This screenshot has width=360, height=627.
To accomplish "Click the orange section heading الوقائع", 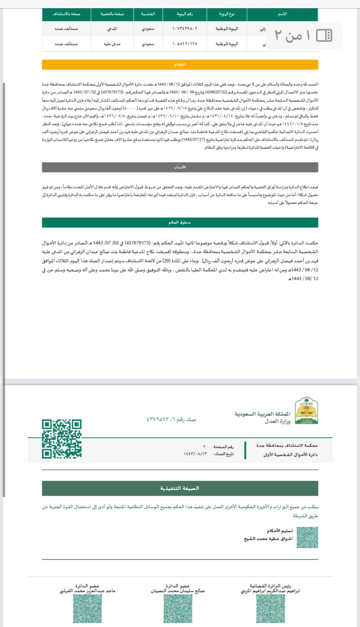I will [180, 64].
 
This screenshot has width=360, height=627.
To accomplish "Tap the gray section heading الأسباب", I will [180, 167].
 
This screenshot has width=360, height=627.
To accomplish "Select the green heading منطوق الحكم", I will [180, 222].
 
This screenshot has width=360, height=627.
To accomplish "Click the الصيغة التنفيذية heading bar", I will [180, 488].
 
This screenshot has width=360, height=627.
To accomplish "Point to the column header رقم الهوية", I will [185, 14].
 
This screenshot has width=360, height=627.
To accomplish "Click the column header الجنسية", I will [148, 14].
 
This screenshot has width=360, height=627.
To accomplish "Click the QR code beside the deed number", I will [62, 438].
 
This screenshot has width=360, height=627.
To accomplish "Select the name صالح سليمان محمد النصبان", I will [177, 592].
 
